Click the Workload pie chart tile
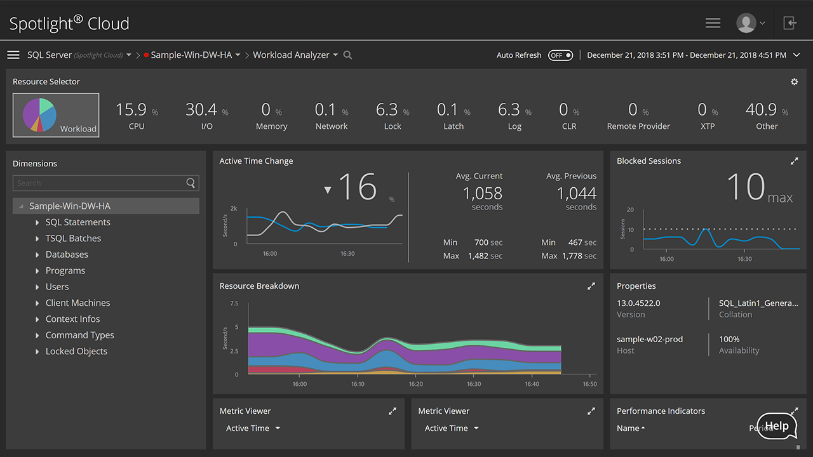coord(56,115)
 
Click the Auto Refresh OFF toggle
coord(561,55)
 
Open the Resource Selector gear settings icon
coord(794,82)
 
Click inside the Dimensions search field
coord(98,183)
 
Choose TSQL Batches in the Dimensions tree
coord(73,239)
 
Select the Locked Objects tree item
coord(76,352)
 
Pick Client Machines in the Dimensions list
coord(77,303)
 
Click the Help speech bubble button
coord(776,427)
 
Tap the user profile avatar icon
coord(746,23)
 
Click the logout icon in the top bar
coord(789,23)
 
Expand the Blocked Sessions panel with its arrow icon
coord(794,161)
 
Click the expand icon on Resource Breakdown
coord(591,286)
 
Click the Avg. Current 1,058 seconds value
coord(482,194)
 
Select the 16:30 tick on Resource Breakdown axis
coord(474,384)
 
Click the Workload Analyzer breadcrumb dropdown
coord(295,55)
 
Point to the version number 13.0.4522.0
coord(638,303)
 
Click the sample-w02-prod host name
coord(650,340)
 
